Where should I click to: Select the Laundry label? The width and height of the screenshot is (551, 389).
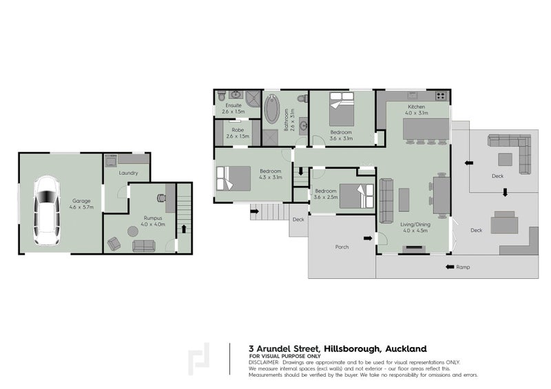click(x=127, y=173)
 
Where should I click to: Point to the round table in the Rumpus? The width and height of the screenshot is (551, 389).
click(x=131, y=231)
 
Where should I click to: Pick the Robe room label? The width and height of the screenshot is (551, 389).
click(x=237, y=129)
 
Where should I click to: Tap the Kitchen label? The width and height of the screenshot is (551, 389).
click(x=417, y=107)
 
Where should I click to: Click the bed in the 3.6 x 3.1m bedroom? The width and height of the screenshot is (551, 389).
click(x=341, y=103)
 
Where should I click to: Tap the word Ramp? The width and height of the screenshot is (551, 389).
click(x=463, y=266)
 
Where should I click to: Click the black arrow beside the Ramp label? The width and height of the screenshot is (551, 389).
click(x=450, y=266)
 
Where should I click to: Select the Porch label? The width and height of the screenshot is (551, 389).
click(x=342, y=246)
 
